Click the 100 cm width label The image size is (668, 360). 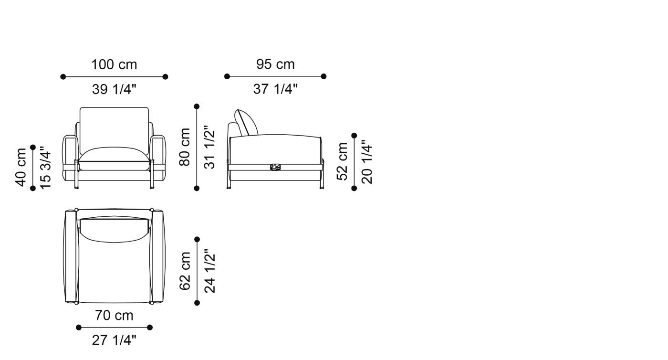pos(114,64)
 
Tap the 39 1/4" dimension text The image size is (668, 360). pos(114,89)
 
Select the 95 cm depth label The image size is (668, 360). pos(275,64)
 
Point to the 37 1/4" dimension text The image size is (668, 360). pos(275,89)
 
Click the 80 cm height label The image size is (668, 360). pos(185,147)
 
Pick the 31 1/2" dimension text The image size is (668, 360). pos(209,149)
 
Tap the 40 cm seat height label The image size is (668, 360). pos(21,168)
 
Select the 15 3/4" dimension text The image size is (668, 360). pos(46,168)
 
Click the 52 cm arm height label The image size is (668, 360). pos(343,161)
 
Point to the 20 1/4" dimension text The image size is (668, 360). pos(367,162)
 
